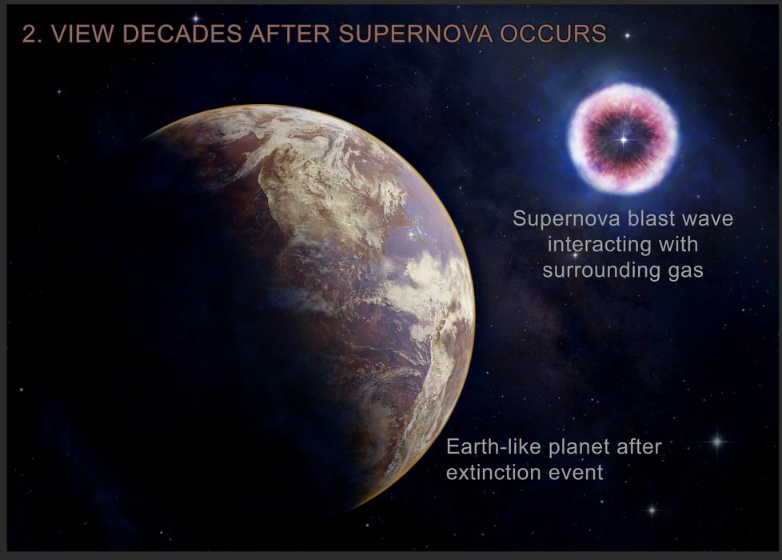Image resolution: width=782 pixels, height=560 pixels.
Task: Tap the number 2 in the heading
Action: point(29,34)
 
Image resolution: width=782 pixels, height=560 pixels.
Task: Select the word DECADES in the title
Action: point(182,34)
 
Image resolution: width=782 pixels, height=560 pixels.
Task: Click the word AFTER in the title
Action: point(289,34)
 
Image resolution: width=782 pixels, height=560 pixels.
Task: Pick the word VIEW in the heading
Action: point(82,34)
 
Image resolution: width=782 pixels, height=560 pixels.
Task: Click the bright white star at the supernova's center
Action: point(624,140)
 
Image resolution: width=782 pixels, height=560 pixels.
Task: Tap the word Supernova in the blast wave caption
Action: point(567,219)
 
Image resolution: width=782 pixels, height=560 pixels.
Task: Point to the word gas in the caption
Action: point(686,271)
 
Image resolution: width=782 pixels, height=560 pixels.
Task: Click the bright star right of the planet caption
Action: point(717,442)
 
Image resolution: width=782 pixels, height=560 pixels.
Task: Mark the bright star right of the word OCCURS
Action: point(628,35)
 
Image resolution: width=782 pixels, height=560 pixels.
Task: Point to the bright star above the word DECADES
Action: point(196,18)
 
